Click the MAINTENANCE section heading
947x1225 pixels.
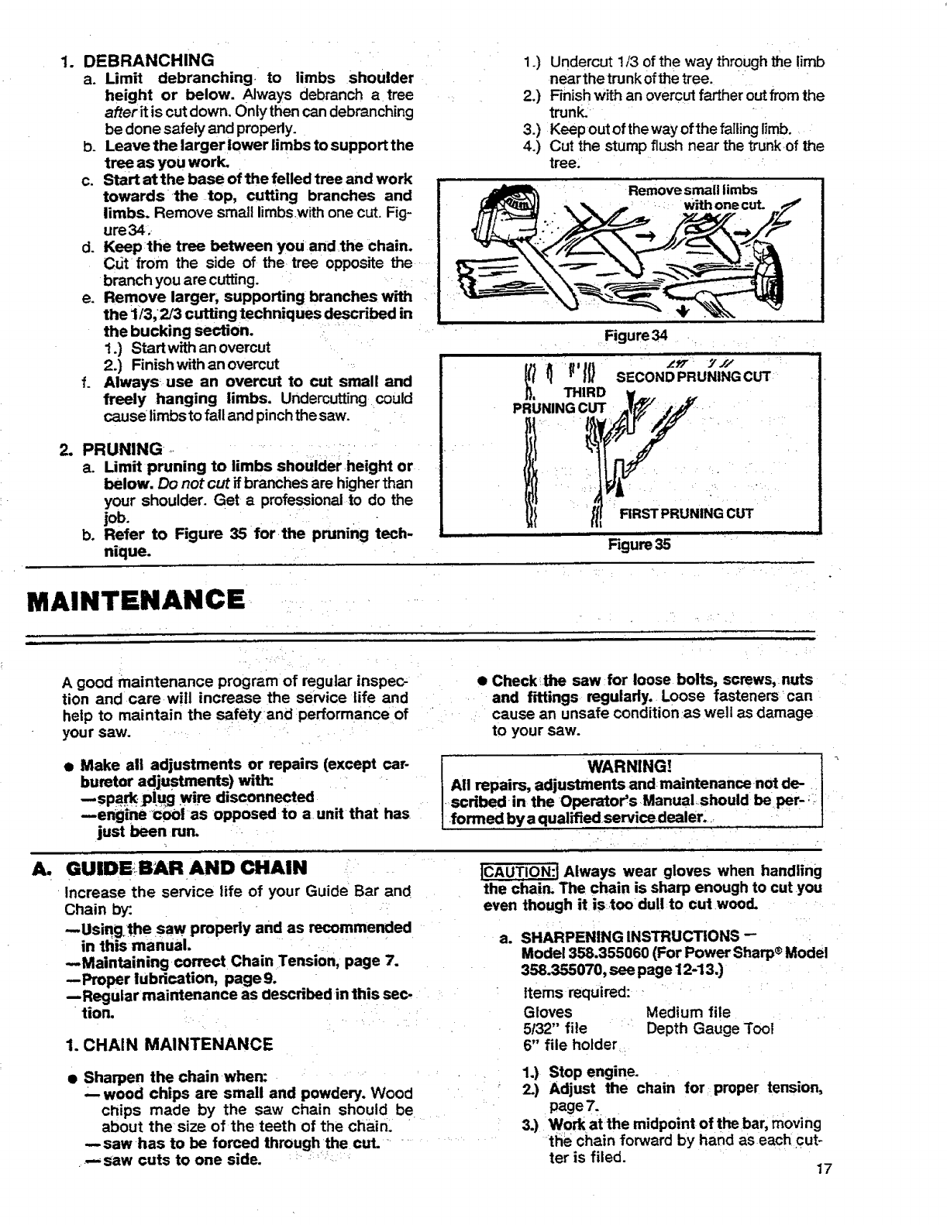tap(136, 599)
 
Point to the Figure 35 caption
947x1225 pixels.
tap(639, 544)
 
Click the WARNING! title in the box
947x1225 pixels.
tap(630, 767)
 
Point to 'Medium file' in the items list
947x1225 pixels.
tap(688, 1011)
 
